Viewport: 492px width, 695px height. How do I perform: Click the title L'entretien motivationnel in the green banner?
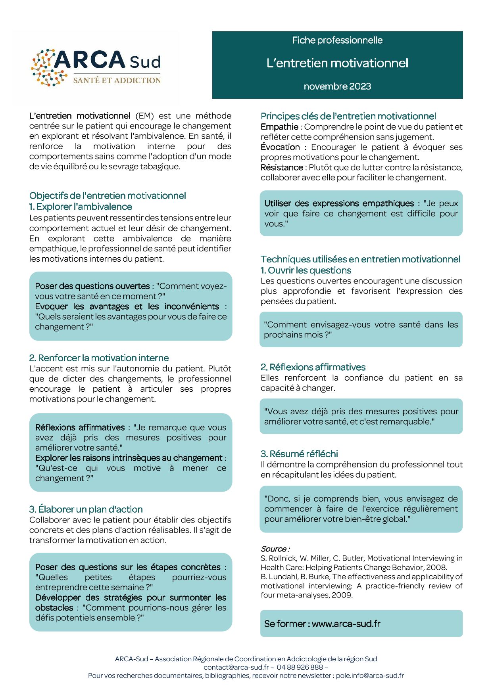pos(337,63)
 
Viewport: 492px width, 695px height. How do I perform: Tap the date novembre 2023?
pos(337,86)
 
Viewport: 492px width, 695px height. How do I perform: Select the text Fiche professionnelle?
pos(337,40)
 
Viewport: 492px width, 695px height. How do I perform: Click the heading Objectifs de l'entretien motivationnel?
pos(108,195)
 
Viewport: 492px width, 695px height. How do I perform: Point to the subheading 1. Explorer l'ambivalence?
pos(81,207)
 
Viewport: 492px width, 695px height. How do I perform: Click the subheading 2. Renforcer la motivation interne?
pos(99,358)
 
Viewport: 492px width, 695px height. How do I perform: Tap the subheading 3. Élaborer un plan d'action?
pos(86,509)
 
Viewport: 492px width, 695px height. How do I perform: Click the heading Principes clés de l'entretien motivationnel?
pos(348,116)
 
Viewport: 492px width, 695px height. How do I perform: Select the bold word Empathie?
pos(279,127)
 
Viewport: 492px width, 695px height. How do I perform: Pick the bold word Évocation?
pos(280,147)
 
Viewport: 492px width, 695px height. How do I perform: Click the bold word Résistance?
pos(282,167)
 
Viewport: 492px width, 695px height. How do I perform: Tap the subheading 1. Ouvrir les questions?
pos(306,270)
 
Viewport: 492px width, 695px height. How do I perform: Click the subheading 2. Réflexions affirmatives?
pos(313,367)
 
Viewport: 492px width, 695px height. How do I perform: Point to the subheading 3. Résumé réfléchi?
pos(299,454)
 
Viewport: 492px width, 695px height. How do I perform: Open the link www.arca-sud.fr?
pos(346,624)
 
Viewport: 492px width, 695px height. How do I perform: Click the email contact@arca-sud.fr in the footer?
pos(236,667)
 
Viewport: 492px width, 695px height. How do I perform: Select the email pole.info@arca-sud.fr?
pos(370,676)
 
